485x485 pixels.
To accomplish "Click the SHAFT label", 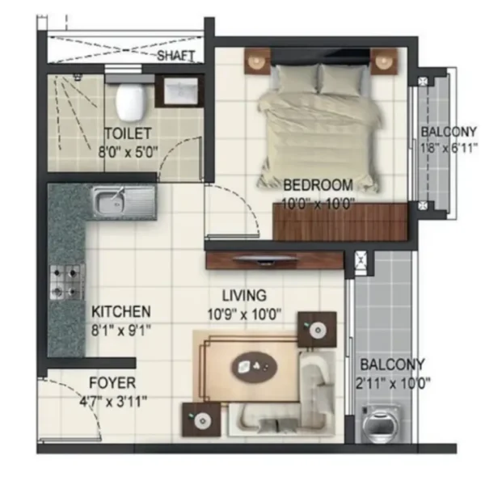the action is [x=176, y=56].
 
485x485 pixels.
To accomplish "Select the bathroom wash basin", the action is [x=180, y=91].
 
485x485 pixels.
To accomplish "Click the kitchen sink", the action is [x=124, y=201].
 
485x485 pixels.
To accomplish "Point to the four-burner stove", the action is [x=67, y=282].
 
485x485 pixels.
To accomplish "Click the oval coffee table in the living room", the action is [x=255, y=367].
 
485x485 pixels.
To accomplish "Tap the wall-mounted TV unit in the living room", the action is [x=275, y=261].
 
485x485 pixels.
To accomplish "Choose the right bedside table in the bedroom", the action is [x=384, y=61].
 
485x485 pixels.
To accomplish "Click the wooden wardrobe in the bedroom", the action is [x=340, y=221].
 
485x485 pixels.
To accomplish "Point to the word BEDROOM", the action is [x=318, y=185].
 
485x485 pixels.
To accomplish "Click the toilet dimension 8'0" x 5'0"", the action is [x=128, y=152].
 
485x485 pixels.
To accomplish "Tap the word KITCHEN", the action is [x=121, y=312].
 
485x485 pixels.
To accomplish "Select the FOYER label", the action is [x=112, y=383].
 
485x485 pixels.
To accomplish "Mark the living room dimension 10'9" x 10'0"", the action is [x=244, y=315].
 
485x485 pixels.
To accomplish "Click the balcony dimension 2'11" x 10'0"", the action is [x=393, y=384].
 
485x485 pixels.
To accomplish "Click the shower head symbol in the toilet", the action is [x=78, y=77].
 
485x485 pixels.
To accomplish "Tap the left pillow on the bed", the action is [x=297, y=78].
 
